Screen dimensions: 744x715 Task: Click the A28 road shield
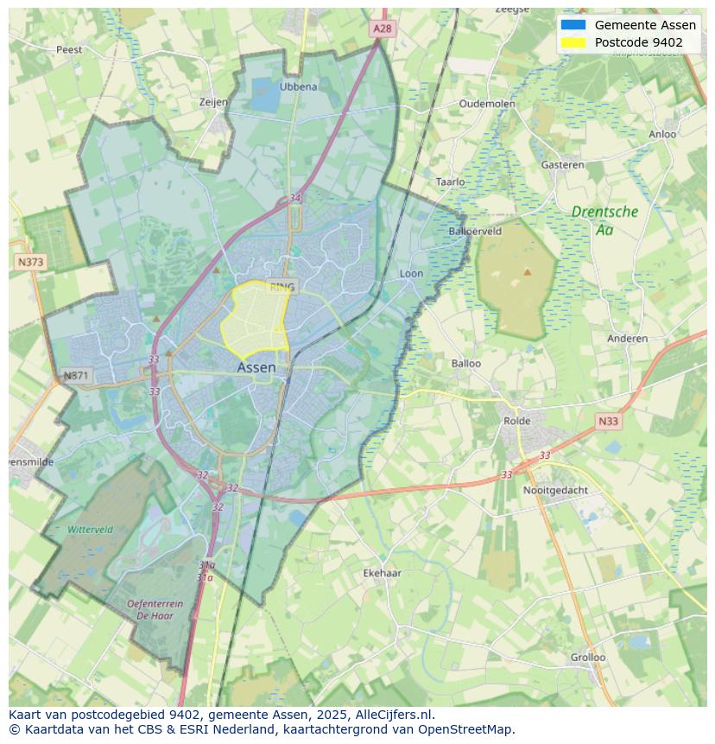[383, 29]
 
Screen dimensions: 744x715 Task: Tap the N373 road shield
[30, 261]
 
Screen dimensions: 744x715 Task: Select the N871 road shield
[76, 376]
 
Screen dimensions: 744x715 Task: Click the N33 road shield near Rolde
[608, 422]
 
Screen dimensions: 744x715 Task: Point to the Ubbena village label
[299, 86]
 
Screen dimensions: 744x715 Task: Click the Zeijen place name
[213, 102]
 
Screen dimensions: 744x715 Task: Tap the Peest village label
[69, 49]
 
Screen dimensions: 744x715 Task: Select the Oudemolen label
[487, 103]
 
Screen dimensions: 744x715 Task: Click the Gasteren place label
[562, 164]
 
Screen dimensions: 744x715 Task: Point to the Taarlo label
[450, 181]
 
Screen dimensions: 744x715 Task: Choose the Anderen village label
[627, 339]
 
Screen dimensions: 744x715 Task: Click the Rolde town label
[517, 421]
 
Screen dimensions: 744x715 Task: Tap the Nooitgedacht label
[555, 490]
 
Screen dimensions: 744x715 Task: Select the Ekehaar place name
[382, 573]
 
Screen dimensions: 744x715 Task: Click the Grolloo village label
[588, 657]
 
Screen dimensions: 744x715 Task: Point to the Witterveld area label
[90, 529]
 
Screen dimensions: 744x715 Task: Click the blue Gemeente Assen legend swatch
[573, 25]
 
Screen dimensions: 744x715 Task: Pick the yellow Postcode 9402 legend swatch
[573, 42]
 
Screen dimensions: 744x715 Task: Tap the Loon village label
[411, 274]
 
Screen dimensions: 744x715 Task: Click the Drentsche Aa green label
[604, 219]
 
